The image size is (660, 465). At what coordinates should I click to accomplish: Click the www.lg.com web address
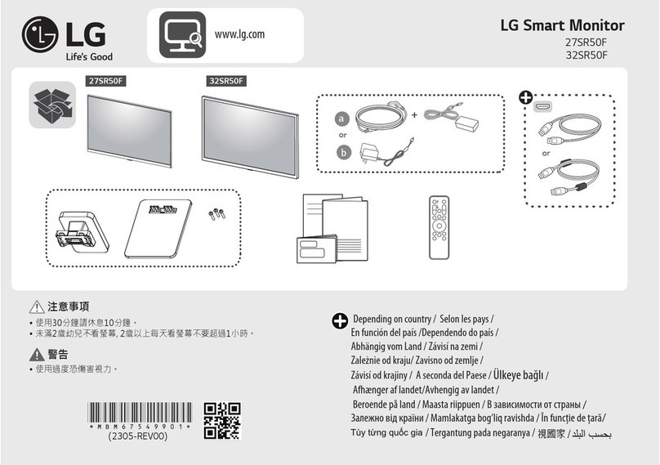click(x=239, y=34)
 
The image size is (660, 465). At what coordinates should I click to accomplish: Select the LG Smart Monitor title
click(x=561, y=25)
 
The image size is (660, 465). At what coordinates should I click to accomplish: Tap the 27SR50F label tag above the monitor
click(x=109, y=80)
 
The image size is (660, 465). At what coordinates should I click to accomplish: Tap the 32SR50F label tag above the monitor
click(x=226, y=80)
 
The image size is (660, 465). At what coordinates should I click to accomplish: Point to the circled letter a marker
click(x=343, y=119)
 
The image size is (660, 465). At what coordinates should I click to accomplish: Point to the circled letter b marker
click(x=343, y=152)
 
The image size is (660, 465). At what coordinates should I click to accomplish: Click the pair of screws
click(x=216, y=214)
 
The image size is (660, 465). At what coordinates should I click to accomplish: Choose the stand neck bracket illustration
click(x=78, y=228)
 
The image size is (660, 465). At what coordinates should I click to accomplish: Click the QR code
click(x=221, y=421)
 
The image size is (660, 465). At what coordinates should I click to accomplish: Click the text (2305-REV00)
click(x=138, y=436)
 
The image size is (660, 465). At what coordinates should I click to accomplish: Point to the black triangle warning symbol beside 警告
click(x=35, y=354)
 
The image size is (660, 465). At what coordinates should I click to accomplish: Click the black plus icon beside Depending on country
click(x=340, y=320)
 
